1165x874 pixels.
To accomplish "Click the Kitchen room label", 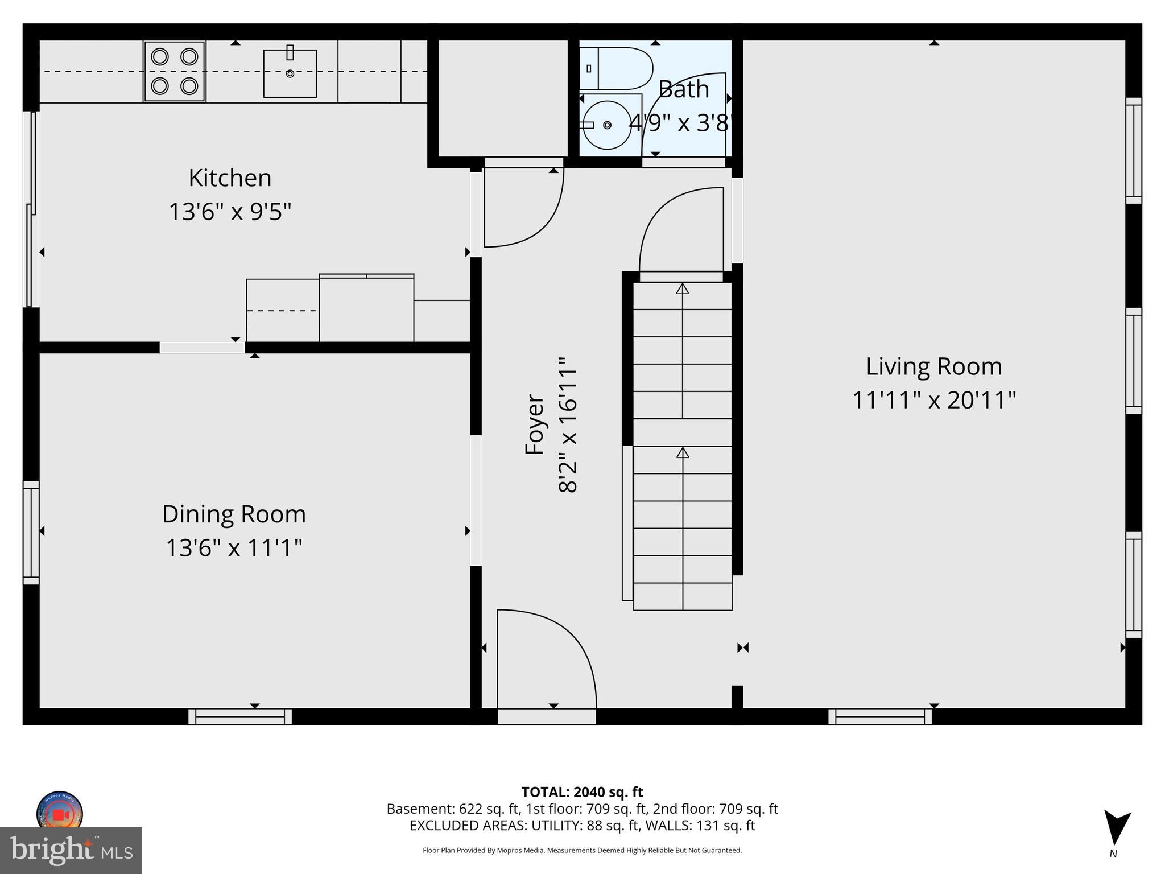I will pos(230,178).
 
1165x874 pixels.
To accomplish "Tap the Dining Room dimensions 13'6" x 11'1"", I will pos(233,549).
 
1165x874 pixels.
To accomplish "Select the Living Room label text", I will pos(933,366).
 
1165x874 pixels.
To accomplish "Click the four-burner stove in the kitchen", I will pos(174,72).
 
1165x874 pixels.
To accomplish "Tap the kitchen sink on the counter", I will pos(290,73).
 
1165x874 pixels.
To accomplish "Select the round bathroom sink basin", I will pos(608,125).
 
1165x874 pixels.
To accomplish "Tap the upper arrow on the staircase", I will pos(683,289).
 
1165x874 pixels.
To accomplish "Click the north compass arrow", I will pos(1117,828).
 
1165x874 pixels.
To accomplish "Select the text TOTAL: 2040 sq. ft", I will pos(582,791).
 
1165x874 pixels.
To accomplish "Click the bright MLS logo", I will pos(71,850).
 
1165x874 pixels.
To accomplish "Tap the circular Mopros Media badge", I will pos(60,813).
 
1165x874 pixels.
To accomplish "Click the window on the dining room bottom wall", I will pos(240,716).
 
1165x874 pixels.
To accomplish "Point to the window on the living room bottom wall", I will pos(879,716).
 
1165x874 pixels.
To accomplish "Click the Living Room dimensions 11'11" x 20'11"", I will pos(933,401).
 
